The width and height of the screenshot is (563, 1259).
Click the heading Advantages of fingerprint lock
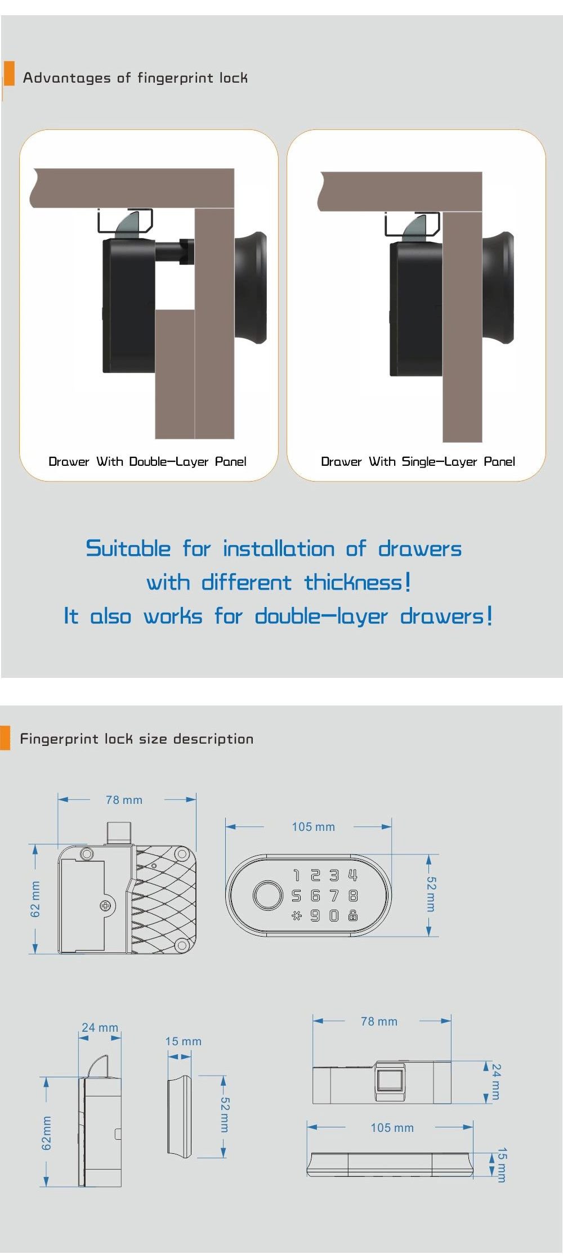click(135, 78)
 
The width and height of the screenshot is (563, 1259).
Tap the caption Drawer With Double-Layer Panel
click(148, 462)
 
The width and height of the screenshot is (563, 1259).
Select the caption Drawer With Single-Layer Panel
click(418, 462)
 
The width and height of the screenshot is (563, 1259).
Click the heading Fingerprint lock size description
click(137, 739)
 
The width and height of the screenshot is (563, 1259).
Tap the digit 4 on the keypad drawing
click(353, 875)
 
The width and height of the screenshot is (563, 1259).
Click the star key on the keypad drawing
click(296, 916)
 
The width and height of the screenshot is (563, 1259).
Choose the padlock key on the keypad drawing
click(353, 915)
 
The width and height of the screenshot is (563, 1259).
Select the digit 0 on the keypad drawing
click(334, 916)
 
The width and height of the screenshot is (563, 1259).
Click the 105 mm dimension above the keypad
click(313, 827)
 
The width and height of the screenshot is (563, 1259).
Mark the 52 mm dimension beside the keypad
click(431, 894)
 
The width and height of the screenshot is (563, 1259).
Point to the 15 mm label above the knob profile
click(183, 1041)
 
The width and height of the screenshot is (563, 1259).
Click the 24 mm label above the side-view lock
click(100, 1028)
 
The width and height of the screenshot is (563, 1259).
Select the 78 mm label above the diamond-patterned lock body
click(124, 800)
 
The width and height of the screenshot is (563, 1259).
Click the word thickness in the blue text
click(353, 582)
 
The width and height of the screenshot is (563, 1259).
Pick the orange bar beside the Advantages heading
click(9, 73)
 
